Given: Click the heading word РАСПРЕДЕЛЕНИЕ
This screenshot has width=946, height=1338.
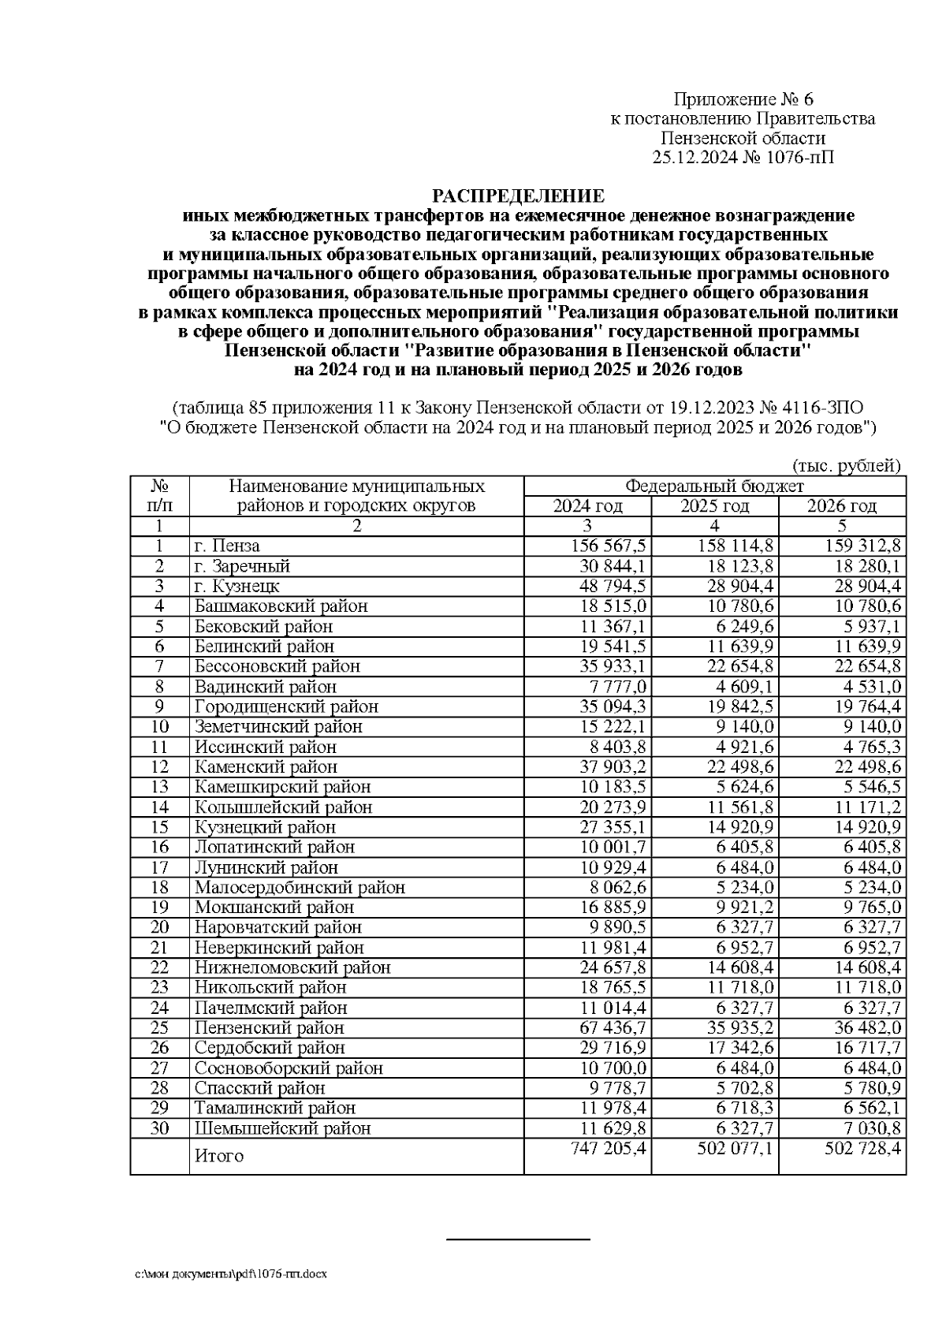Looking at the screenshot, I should click(518, 196).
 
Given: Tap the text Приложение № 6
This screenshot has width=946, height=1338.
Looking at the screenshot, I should click(743, 99).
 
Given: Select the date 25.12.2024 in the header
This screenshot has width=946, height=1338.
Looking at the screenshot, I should click(696, 157).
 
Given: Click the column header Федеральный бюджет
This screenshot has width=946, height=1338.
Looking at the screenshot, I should click(714, 486).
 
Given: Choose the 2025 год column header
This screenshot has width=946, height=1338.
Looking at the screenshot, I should click(714, 506).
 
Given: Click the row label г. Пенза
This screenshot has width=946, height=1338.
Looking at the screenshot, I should click(228, 546).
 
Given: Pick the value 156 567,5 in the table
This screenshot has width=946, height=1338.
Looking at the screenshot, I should click(609, 546).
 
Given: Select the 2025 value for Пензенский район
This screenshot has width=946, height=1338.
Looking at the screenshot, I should click(736, 1028).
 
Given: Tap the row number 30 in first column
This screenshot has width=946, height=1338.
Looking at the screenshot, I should click(160, 1128).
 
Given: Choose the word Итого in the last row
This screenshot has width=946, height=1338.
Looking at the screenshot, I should click(218, 1156).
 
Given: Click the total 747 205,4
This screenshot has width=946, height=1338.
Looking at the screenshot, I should click(609, 1149).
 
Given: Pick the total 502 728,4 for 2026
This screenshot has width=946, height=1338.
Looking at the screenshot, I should click(862, 1149).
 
